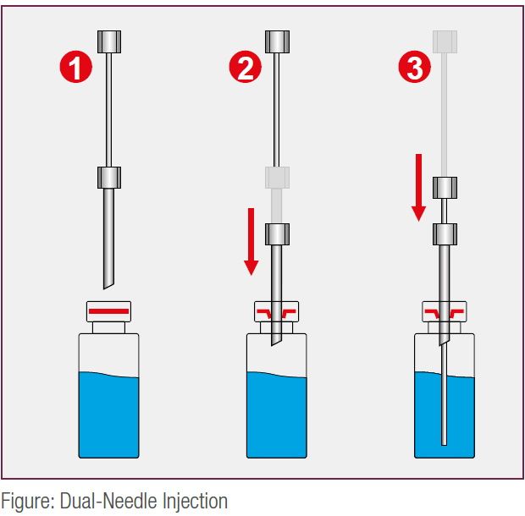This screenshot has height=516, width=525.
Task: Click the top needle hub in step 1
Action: pyautogui.click(x=110, y=41)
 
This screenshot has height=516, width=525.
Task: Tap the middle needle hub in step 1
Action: pyautogui.click(x=110, y=178)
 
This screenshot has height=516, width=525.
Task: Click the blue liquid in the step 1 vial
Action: pyautogui.click(x=108, y=414)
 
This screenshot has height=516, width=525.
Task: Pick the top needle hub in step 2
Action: pyautogui.click(x=278, y=41)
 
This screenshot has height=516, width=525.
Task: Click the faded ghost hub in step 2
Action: pyautogui.click(x=278, y=178)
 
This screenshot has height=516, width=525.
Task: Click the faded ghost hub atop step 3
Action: pyautogui.click(x=445, y=41)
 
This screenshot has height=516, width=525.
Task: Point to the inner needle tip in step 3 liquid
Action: pyautogui.click(x=445, y=441)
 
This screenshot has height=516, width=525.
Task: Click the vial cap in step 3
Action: pyautogui.click(x=445, y=313)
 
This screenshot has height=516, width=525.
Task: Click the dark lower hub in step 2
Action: pyautogui.click(x=278, y=233)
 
